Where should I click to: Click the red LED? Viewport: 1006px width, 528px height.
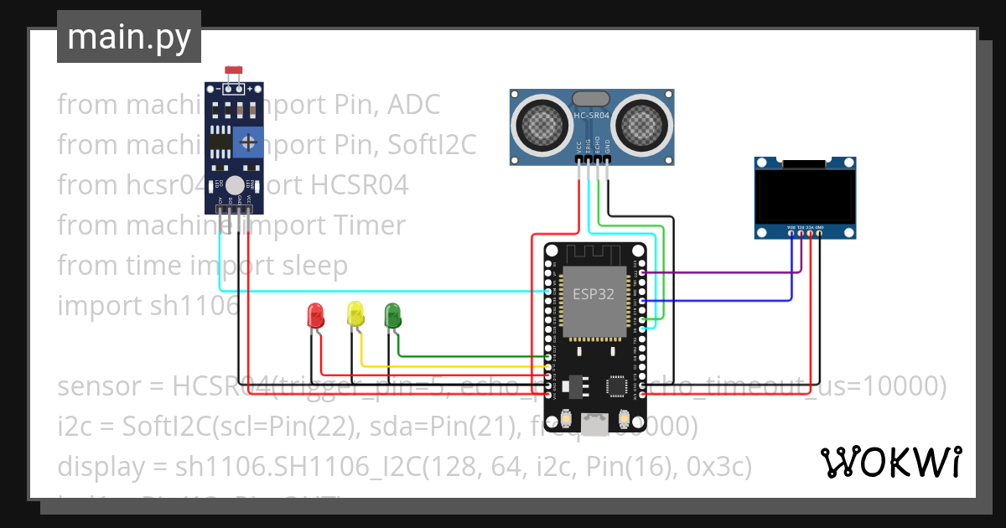pyautogui.click(x=316, y=316)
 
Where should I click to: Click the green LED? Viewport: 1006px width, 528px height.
pyautogui.click(x=392, y=315)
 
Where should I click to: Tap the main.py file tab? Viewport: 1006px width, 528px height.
pyautogui.click(x=129, y=37)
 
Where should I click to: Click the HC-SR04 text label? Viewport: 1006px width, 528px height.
pyautogui.click(x=593, y=116)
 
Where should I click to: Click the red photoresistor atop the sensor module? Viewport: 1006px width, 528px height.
pyautogui.click(x=235, y=74)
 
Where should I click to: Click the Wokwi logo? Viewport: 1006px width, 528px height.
pyautogui.click(x=889, y=462)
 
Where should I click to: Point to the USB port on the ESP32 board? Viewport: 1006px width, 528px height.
pyautogui.click(x=595, y=428)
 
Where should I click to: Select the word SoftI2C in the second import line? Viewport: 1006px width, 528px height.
pyautogui.click(x=431, y=145)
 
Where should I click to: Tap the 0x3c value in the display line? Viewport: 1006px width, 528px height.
pyautogui.click(x=721, y=467)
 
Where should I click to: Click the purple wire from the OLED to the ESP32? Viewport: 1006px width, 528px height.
pyautogui.click(x=721, y=272)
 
